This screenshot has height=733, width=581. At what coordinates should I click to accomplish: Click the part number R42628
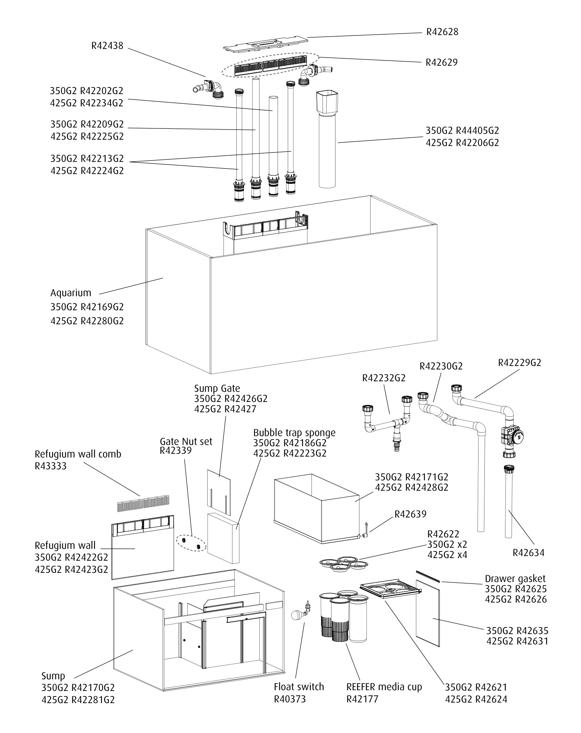click(442, 32)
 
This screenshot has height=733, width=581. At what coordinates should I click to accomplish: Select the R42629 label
click(441, 62)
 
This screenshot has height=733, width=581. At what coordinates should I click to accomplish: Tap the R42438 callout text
click(107, 46)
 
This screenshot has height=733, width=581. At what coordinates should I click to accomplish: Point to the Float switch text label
click(299, 687)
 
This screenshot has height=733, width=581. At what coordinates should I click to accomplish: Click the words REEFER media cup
click(384, 687)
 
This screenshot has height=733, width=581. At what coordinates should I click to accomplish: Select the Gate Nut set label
click(186, 441)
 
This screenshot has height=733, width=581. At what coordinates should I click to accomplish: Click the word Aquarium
click(71, 293)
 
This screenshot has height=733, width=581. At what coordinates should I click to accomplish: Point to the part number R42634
click(528, 553)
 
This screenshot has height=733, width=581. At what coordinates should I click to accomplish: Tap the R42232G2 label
click(384, 378)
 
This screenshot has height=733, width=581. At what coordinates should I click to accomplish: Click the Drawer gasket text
click(515, 579)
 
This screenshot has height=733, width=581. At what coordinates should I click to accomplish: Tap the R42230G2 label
click(441, 366)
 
